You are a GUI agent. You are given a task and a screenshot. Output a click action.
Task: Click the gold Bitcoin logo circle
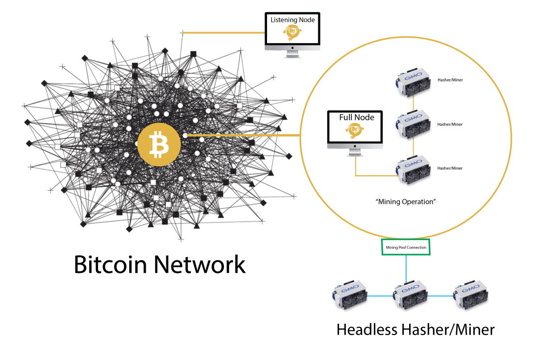click(159, 145)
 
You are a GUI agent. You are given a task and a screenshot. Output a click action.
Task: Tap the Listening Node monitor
click(292, 35)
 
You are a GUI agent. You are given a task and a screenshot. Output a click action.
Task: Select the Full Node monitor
click(355, 133)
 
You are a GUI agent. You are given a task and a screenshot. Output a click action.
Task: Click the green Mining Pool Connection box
click(405, 247)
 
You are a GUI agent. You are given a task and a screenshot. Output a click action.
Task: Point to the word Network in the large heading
click(200, 265)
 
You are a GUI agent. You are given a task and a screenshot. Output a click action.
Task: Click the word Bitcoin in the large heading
click(110, 265)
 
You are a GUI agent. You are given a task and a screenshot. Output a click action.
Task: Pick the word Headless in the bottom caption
click(367, 329)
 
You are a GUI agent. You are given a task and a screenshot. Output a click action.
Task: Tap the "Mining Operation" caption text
click(405, 201)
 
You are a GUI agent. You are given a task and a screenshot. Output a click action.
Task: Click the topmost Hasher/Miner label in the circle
click(450, 80)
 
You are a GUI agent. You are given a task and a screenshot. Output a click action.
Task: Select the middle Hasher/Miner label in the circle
click(450, 124)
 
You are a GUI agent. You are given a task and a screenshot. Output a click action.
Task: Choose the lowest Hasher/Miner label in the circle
click(450, 168)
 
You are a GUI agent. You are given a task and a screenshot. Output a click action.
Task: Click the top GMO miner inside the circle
click(413, 81)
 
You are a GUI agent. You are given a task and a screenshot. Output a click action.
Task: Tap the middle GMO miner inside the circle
click(413, 123)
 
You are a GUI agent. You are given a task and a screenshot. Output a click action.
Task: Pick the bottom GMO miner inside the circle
click(413, 169)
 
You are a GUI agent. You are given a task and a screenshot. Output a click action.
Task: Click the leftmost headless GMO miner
click(350, 295)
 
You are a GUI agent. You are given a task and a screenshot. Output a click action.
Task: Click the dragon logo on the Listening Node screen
click(292, 33)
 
